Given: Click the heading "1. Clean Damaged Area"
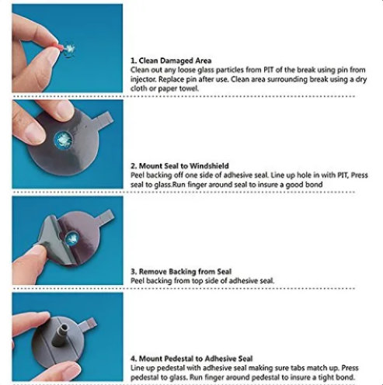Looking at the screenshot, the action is [171, 61].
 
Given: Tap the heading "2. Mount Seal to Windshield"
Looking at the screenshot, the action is [179, 166].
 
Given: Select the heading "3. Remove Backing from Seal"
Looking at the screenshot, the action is [181, 272].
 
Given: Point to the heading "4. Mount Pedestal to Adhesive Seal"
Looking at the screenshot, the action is [192, 359].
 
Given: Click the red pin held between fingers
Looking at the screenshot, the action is [60, 47].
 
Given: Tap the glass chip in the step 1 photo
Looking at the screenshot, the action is [69, 49].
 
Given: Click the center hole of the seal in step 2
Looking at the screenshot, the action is [63, 140].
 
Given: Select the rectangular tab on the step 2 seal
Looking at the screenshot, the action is [104, 118].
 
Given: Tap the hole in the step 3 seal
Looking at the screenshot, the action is [71, 238].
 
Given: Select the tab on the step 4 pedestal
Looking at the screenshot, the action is [89, 324].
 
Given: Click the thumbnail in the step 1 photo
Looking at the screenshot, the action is [51, 55].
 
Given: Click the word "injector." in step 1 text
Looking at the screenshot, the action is [143, 79].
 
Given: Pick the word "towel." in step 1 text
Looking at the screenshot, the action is [189, 88].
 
